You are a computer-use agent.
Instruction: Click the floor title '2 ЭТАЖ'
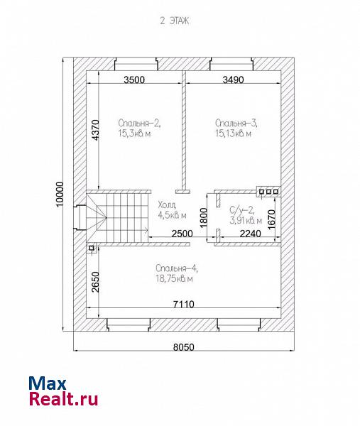[x=175, y=21]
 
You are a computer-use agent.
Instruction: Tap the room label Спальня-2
[x=139, y=123]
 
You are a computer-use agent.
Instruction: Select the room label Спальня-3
[x=236, y=123]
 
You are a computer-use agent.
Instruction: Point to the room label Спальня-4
[x=177, y=268]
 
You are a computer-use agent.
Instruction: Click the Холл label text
[x=167, y=204]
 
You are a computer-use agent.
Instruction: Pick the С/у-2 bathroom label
[x=242, y=209]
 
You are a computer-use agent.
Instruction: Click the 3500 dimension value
[x=134, y=80]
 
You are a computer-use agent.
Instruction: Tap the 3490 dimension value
[x=233, y=80]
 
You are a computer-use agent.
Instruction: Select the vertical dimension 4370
[x=95, y=130]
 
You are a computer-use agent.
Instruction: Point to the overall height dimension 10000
[x=59, y=195]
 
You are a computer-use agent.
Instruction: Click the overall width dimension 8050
[x=184, y=347]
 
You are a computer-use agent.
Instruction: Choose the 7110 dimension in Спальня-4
[x=184, y=304]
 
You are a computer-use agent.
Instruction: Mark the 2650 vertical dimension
[x=95, y=282]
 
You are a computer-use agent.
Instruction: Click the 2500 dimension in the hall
[x=182, y=234]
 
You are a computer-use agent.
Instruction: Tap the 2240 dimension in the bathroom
[x=250, y=234]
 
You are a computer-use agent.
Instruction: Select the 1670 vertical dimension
[x=271, y=219]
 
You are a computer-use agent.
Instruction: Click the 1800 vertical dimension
[x=204, y=218]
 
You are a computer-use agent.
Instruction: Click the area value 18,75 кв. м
[x=174, y=279]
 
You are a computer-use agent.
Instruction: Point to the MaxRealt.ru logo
[x=63, y=391]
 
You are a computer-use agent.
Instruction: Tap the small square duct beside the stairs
[x=92, y=248]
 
